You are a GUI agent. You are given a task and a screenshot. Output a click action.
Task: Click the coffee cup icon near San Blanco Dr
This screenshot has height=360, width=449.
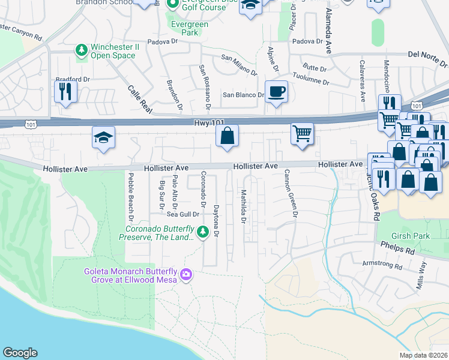pos(276,92)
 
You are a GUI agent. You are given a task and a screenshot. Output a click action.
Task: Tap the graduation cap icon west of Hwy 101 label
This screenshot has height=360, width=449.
pos(103,138)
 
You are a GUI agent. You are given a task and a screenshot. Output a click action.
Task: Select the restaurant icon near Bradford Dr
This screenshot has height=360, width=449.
pos(65,91)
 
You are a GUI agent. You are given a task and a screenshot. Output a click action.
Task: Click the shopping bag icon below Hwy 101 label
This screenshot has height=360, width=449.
pos(228,136)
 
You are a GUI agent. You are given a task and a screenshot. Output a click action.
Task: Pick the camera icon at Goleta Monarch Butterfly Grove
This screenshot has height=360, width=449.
pos(187,274)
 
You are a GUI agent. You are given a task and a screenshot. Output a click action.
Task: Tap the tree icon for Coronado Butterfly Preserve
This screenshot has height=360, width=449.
pos(203,231)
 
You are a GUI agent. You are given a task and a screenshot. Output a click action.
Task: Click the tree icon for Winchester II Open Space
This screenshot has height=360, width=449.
pos(81,52)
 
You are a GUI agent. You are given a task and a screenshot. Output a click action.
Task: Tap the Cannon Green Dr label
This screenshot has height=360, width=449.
pos(294,194)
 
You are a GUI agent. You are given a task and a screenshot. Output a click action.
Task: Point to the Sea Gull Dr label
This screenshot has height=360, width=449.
pos(183,214)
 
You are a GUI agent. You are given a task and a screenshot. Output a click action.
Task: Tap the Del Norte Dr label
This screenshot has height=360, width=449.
pos(427,58)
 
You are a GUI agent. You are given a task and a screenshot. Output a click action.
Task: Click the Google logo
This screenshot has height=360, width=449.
pos(20,353)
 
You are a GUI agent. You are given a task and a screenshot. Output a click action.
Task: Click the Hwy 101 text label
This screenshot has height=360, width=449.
pos(209,122)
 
